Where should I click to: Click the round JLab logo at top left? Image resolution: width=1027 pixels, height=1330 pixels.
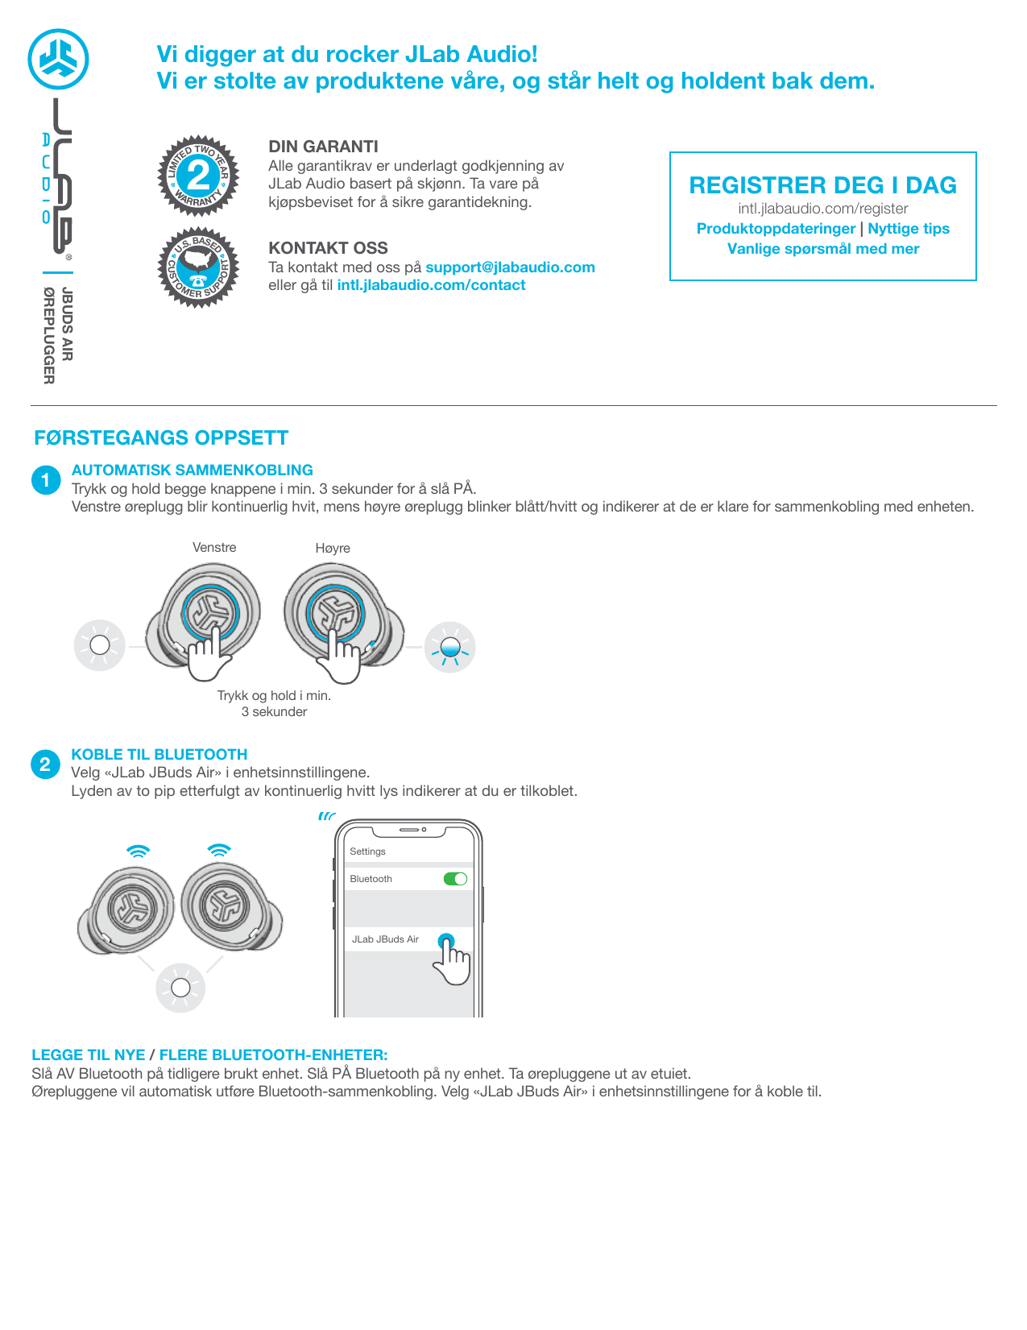pyautogui.click(x=58, y=60)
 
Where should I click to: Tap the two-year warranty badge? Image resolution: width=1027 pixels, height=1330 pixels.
pyautogui.click(x=198, y=176)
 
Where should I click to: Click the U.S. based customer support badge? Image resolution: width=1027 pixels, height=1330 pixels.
pyautogui.click(x=198, y=267)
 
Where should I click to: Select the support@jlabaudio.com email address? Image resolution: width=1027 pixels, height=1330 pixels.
pyautogui.click(x=510, y=267)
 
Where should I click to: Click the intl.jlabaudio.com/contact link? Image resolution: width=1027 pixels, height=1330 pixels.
pyautogui.click(x=431, y=285)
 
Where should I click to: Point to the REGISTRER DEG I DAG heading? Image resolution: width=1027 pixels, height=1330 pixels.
pyautogui.click(x=822, y=185)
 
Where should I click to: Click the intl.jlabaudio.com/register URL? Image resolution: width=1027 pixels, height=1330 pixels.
pyautogui.click(x=822, y=209)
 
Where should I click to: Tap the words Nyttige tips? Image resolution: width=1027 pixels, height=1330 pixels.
pyautogui.click(x=908, y=229)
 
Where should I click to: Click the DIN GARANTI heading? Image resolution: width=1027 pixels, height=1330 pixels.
pyautogui.click(x=323, y=147)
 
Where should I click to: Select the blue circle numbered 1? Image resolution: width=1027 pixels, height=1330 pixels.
pyautogui.click(x=46, y=480)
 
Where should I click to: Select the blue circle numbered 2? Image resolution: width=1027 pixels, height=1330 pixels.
pyautogui.click(x=45, y=764)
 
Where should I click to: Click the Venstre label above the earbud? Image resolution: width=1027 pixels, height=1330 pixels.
pyautogui.click(x=214, y=548)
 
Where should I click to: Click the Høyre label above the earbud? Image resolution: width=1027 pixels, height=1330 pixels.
pyautogui.click(x=333, y=549)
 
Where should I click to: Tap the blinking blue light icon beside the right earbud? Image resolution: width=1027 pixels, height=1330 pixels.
pyautogui.click(x=450, y=647)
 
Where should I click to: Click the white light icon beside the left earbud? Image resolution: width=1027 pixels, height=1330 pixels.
pyautogui.click(x=100, y=645)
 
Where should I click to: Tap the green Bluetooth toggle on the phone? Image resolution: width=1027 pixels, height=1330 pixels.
pyautogui.click(x=455, y=879)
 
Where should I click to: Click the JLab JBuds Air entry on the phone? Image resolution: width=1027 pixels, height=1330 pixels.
pyautogui.click(x=386, y=939)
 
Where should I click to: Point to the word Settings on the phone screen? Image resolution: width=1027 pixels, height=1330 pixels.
pyautogui.click(x=367, y=851)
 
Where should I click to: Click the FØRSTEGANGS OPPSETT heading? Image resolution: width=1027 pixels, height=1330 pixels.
pyautogui.click(x=161, y=438)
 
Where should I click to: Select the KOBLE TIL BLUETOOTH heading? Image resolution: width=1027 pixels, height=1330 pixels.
pyautogui.click(x=159, y=755)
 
